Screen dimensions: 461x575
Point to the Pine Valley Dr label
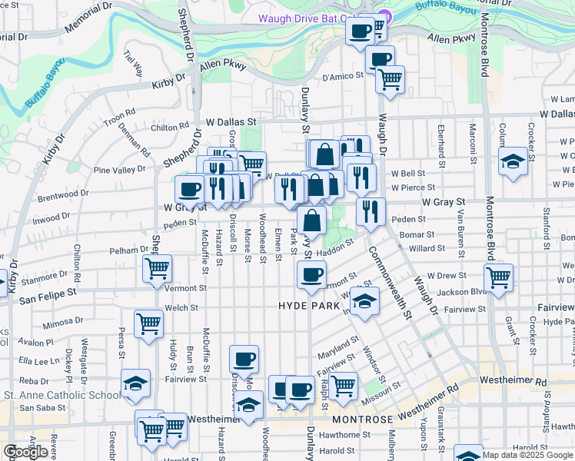(x=118, y=169)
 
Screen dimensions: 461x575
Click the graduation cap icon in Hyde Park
(x=365, y=300)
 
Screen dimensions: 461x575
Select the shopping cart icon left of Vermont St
(x=158, y=268)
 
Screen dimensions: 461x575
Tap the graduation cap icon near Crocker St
(x=513, y=161)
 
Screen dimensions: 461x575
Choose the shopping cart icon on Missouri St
(x=344, y=383)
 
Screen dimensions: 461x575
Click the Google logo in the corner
(x=26, y=452)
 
